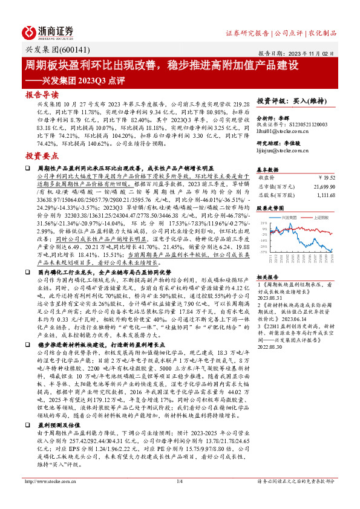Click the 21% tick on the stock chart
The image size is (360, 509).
[264, 223]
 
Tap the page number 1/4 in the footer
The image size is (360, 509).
[180, 498]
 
